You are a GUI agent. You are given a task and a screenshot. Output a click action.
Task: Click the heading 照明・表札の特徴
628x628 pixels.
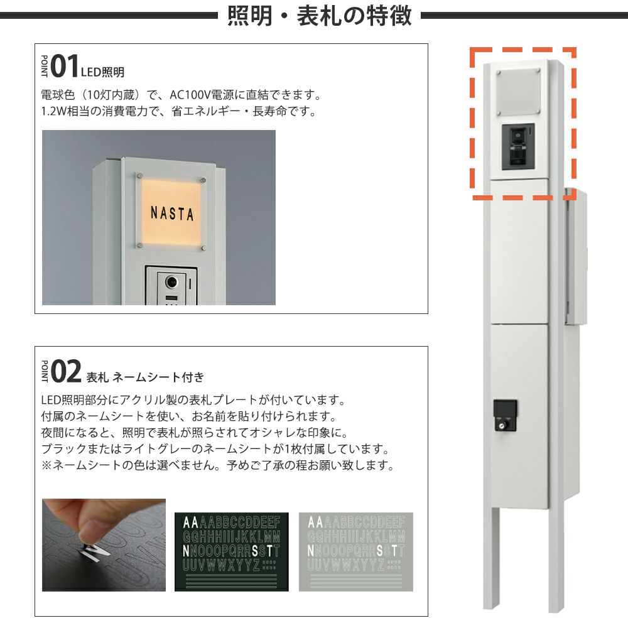point(319,16)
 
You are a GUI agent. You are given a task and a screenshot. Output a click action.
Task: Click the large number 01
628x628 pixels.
point(64,66)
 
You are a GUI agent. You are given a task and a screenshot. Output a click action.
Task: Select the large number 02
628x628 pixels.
point(66,371)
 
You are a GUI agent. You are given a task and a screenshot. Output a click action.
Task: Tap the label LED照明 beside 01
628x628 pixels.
point(102,72)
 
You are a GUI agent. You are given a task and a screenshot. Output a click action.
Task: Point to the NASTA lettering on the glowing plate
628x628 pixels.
point(172,213)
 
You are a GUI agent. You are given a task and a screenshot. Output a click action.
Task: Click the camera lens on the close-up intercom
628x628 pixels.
point(172,282)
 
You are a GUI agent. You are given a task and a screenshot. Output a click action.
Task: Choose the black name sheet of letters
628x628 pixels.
point(232,551)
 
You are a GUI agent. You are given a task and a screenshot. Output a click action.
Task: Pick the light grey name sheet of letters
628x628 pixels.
point(355,551)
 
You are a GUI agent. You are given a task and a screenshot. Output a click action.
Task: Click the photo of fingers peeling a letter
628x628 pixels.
point(104,544)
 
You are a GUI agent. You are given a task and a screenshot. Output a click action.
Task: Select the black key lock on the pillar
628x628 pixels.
point(504,415)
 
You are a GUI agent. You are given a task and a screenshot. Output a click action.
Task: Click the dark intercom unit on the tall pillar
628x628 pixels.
point(518,146)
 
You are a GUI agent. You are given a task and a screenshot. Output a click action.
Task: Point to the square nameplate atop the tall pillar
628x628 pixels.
point(518,93)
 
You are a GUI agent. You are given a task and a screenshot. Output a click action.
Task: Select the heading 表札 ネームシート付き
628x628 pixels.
point(145,377)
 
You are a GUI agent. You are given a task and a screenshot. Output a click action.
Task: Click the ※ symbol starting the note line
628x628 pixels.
point(47,465)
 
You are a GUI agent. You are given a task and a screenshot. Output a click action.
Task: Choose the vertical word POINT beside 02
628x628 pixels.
point(45,371)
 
